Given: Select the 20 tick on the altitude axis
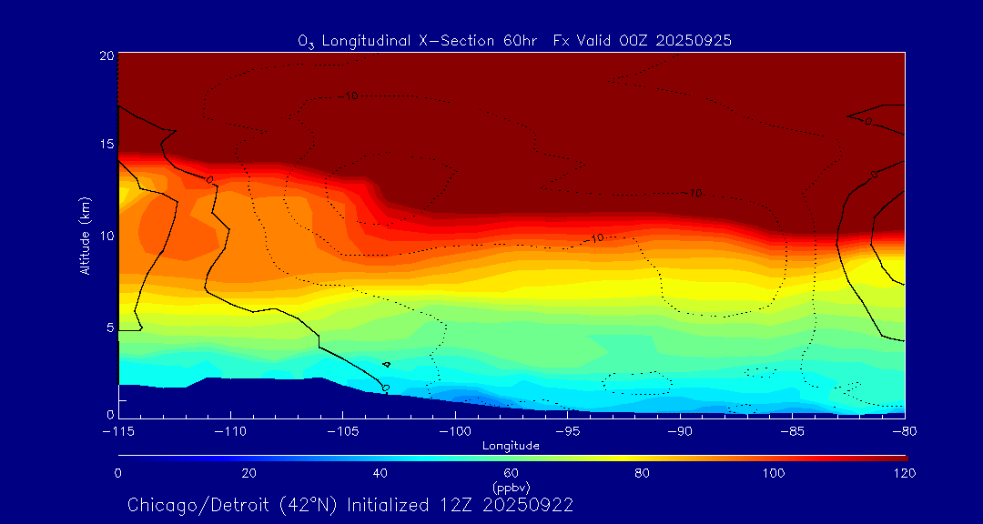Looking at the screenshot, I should pos(106,55).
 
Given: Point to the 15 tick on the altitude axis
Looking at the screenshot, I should pos(106,145).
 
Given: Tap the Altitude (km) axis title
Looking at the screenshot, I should pos(85,236).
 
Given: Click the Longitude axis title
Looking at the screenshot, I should pos(511,446).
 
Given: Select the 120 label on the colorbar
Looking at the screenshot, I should pos(904,473).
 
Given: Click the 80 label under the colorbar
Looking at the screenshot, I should pos(642,473).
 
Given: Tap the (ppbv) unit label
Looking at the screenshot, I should pos(511,487).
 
